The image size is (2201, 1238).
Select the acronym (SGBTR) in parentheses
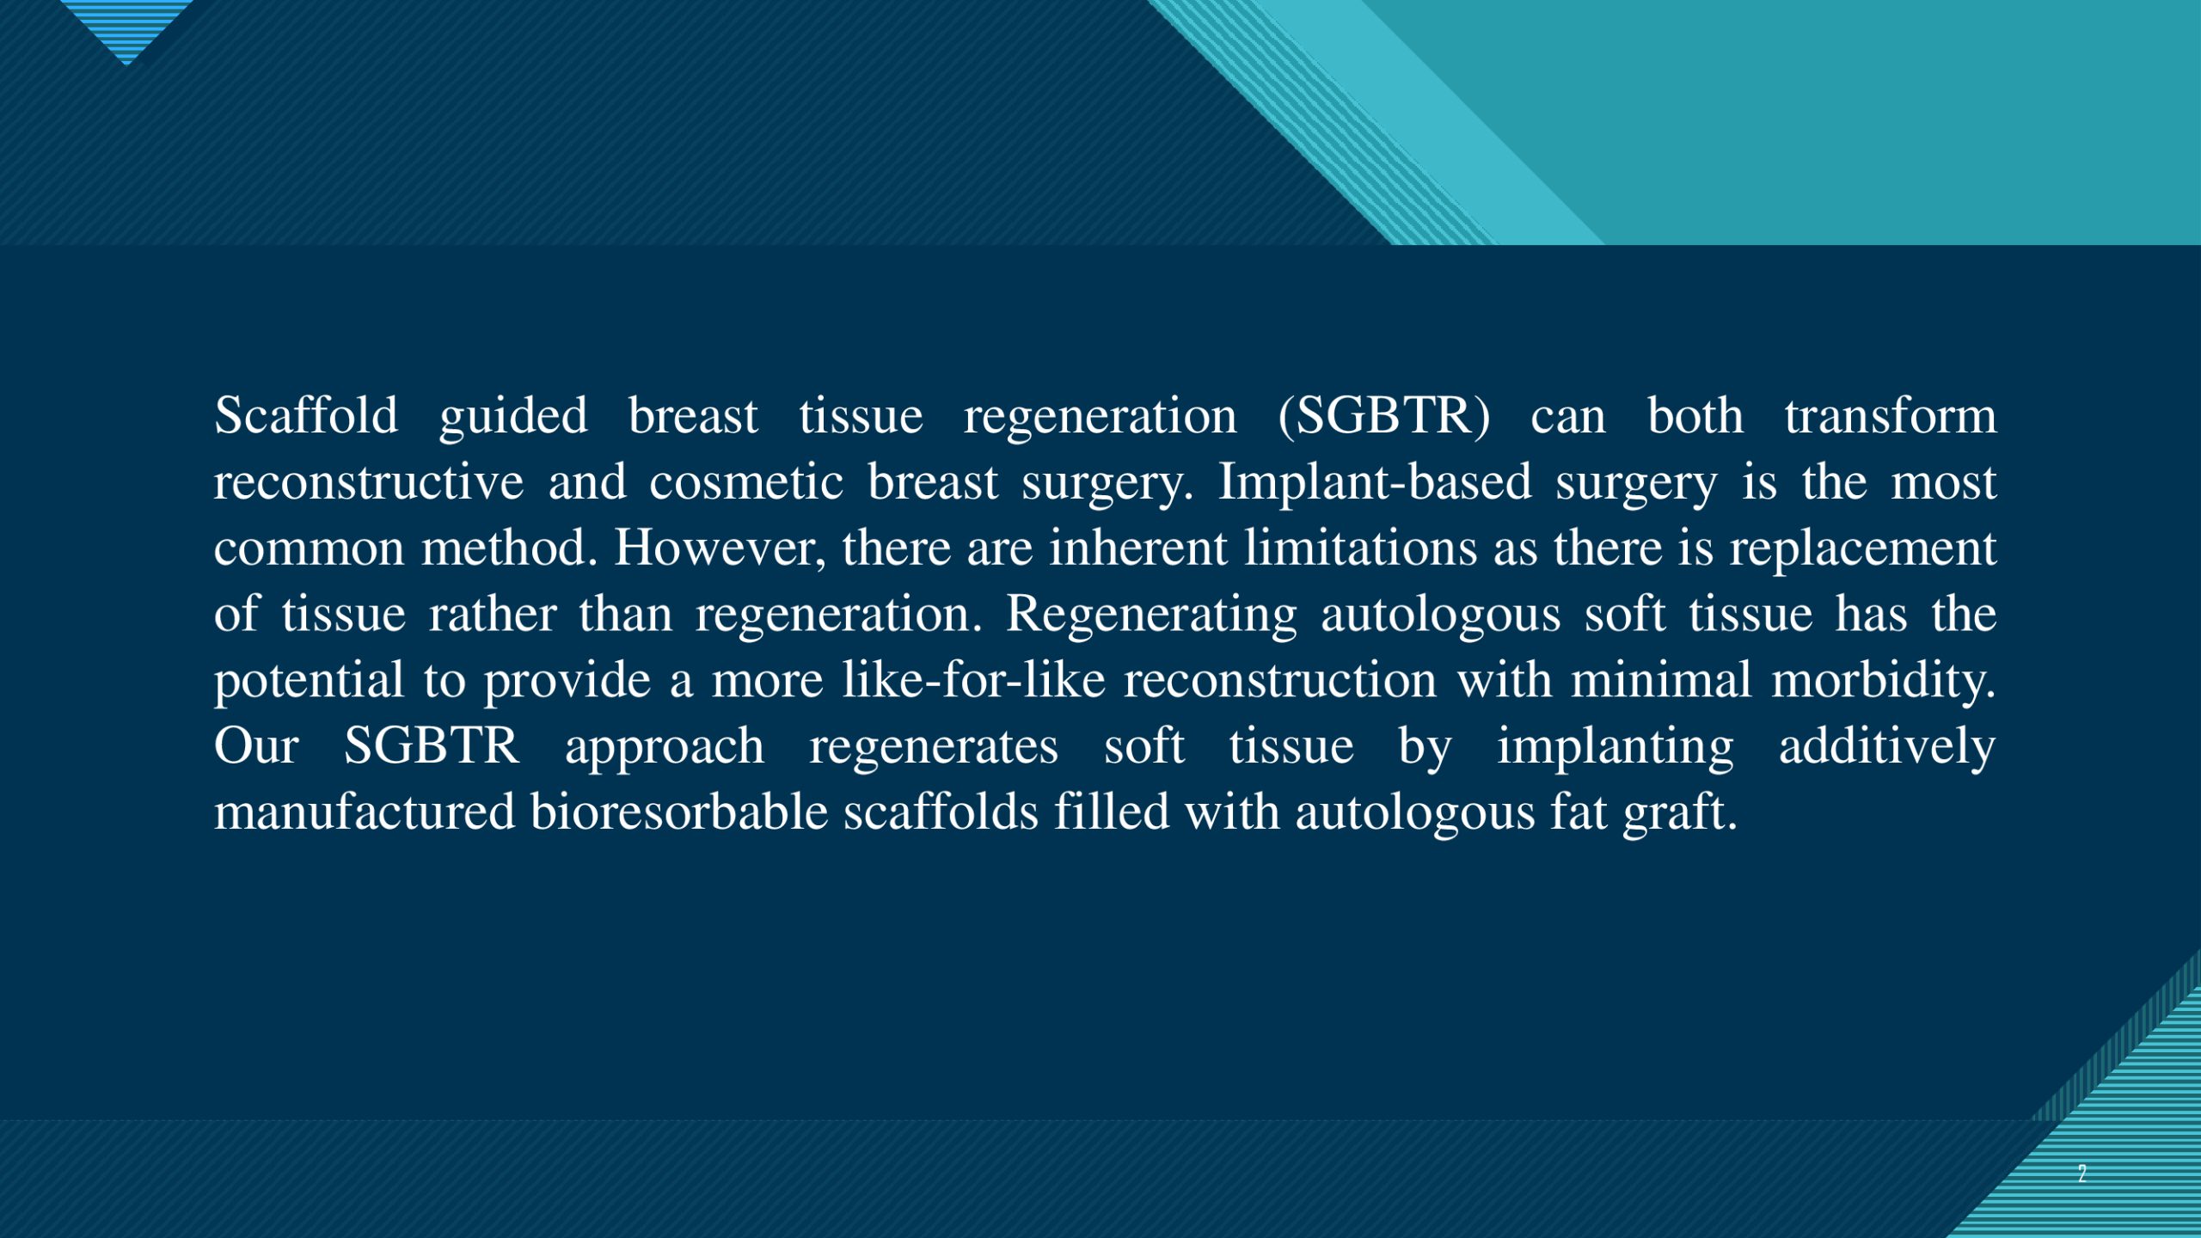[1384, 418]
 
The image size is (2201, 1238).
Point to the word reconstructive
[369, 482]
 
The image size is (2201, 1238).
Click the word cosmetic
[746, 482]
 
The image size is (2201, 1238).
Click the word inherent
[1138, 548]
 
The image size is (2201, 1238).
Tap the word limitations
[1361, 548]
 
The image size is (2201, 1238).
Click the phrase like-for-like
[973, 680]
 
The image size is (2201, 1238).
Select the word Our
[256, 746]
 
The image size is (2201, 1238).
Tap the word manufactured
[365, 812]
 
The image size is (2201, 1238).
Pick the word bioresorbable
[679, 812]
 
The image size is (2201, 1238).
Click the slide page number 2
[2081, 1174]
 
